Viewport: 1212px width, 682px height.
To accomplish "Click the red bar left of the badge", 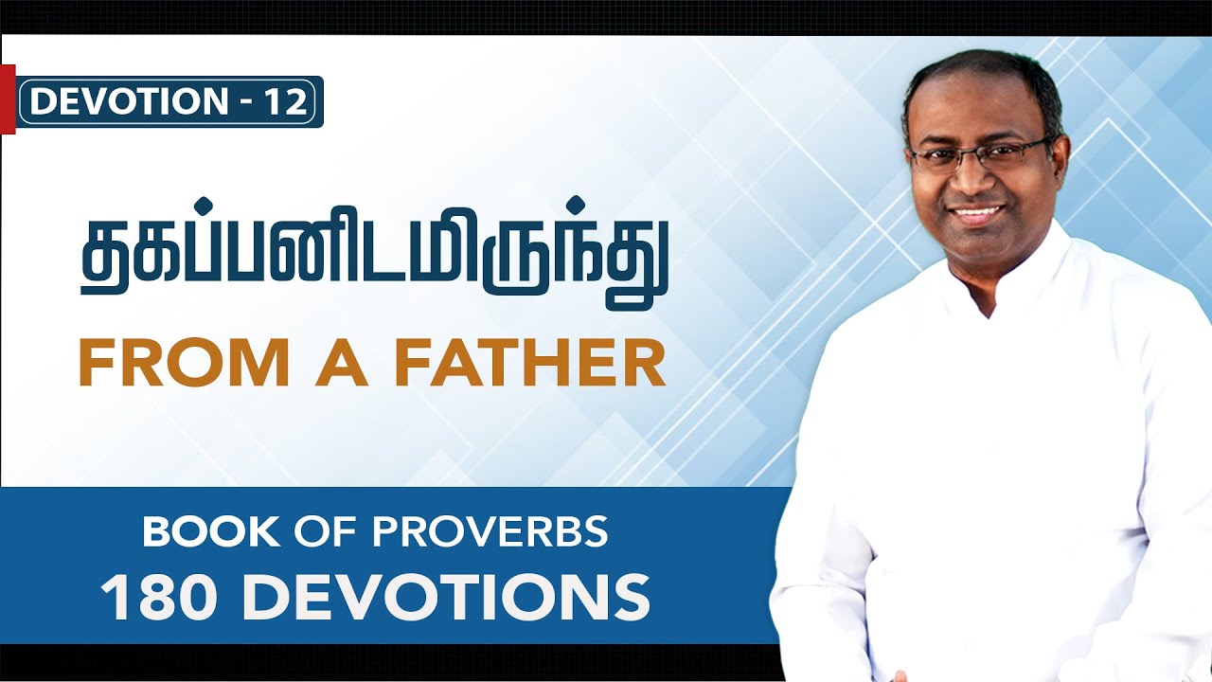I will pos(8,99).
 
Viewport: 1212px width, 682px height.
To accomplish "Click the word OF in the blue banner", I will pos(315,532).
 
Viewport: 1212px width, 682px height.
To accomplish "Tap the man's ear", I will pos(1061,166).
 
